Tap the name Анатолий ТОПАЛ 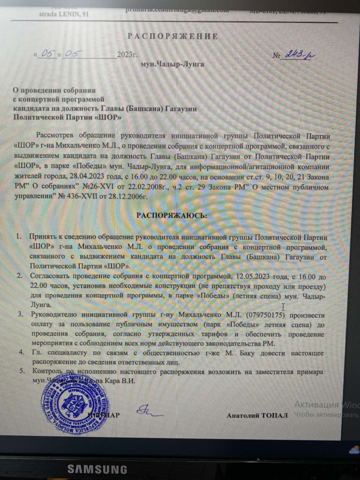[257, 416]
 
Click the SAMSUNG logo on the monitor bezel [97, 469]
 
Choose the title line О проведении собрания [54, 89]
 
